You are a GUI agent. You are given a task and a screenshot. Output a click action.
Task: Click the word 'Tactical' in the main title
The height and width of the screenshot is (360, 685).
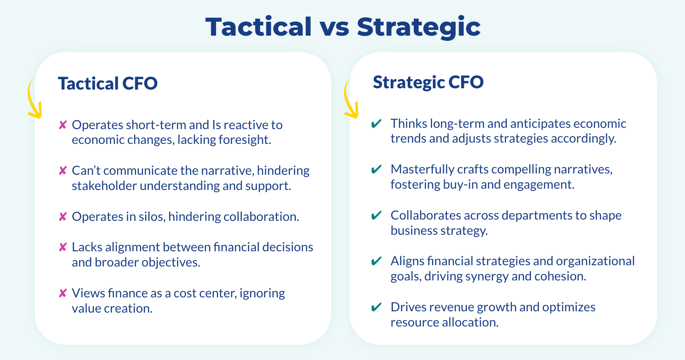(x=259, y=27)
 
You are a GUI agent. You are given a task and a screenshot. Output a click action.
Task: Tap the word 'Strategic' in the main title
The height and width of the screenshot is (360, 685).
(x=419, y=28)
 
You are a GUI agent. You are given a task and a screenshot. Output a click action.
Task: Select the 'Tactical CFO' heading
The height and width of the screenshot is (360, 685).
(x=108, y=83)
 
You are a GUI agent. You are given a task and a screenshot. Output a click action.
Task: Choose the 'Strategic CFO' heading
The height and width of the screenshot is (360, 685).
(x=428, y=82)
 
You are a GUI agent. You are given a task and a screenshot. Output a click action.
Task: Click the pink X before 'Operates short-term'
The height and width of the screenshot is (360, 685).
(x=63, y=125)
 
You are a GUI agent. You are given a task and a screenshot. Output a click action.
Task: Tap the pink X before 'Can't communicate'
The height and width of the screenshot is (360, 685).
(x=63, y=171)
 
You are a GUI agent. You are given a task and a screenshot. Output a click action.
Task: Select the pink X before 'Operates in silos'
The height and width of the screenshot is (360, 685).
(x=63, y=217)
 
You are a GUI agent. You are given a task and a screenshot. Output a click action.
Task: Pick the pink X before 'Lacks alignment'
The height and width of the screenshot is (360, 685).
(x=63, y=247)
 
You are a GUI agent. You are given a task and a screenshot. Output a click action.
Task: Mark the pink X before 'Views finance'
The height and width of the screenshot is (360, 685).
(x=63, y=293)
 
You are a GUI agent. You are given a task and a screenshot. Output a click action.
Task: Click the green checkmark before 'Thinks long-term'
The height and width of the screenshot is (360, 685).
(x=376, y=123)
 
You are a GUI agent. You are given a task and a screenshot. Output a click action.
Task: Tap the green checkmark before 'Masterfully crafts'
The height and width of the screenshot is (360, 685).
(x=376, y=169)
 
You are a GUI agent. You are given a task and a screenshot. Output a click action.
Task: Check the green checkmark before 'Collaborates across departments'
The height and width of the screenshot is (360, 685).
(x=376, y=215)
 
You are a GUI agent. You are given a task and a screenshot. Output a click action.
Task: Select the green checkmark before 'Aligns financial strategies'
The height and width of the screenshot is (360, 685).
(x=376, y=261)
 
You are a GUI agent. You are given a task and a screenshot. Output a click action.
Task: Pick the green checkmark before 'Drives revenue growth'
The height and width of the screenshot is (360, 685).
(x=376, y=307)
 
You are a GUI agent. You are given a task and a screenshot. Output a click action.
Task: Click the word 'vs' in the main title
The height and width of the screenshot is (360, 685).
(x=334, y=28)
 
